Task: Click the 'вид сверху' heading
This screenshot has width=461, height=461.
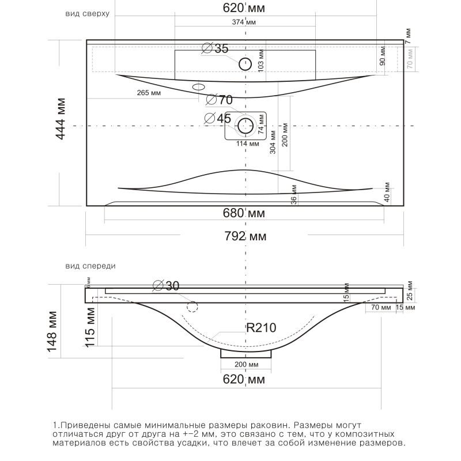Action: [x=87, y=13]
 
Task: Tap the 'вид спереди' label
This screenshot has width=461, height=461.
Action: [x=91, y=266]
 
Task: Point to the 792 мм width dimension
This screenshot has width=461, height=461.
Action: [x=245, y=236]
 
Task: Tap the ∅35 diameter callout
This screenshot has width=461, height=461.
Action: [x=216, y=49]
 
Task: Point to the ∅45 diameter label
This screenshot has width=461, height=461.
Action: [x=218, y=118]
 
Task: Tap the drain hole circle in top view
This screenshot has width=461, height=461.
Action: [x=247, y=125]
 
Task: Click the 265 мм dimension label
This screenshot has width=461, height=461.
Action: [x=149, y=93]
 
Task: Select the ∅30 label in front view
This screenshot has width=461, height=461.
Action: [x=167, y=285]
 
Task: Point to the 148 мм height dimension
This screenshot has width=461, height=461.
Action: [x=52, y=331]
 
